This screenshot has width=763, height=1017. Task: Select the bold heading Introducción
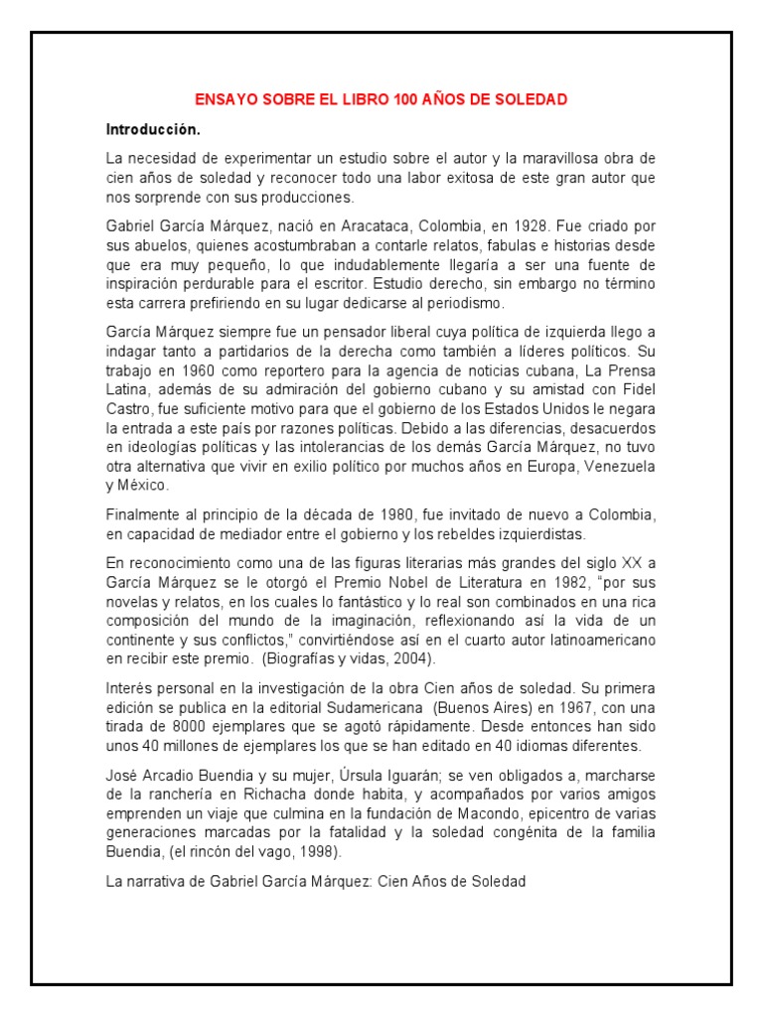153,129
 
